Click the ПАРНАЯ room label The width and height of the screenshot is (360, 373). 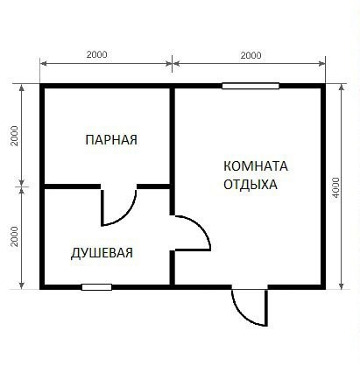click(111, 140)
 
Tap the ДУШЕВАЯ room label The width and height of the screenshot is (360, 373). click(102, 252)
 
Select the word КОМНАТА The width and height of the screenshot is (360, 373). click(256, 166)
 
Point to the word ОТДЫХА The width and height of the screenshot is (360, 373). click(251, 185)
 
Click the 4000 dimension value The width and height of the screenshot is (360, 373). click(336, 187)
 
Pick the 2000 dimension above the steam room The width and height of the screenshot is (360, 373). click(97, 54)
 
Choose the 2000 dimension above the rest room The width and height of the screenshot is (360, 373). click(251, 55)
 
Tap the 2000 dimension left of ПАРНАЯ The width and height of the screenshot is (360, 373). click(14, 136)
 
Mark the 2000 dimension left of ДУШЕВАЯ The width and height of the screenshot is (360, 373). click(14, 236)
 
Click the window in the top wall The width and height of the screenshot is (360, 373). click(251, 86)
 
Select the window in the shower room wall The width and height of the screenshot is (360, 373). click(96, 287)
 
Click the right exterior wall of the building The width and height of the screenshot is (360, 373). click(323, 186)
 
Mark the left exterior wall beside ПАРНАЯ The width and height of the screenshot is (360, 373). click(42, 136)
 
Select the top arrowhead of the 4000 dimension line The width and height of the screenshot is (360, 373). click(342, 87)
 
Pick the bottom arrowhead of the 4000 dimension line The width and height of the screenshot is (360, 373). click(342, 285)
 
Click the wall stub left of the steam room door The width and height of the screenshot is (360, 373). click(73, 186)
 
